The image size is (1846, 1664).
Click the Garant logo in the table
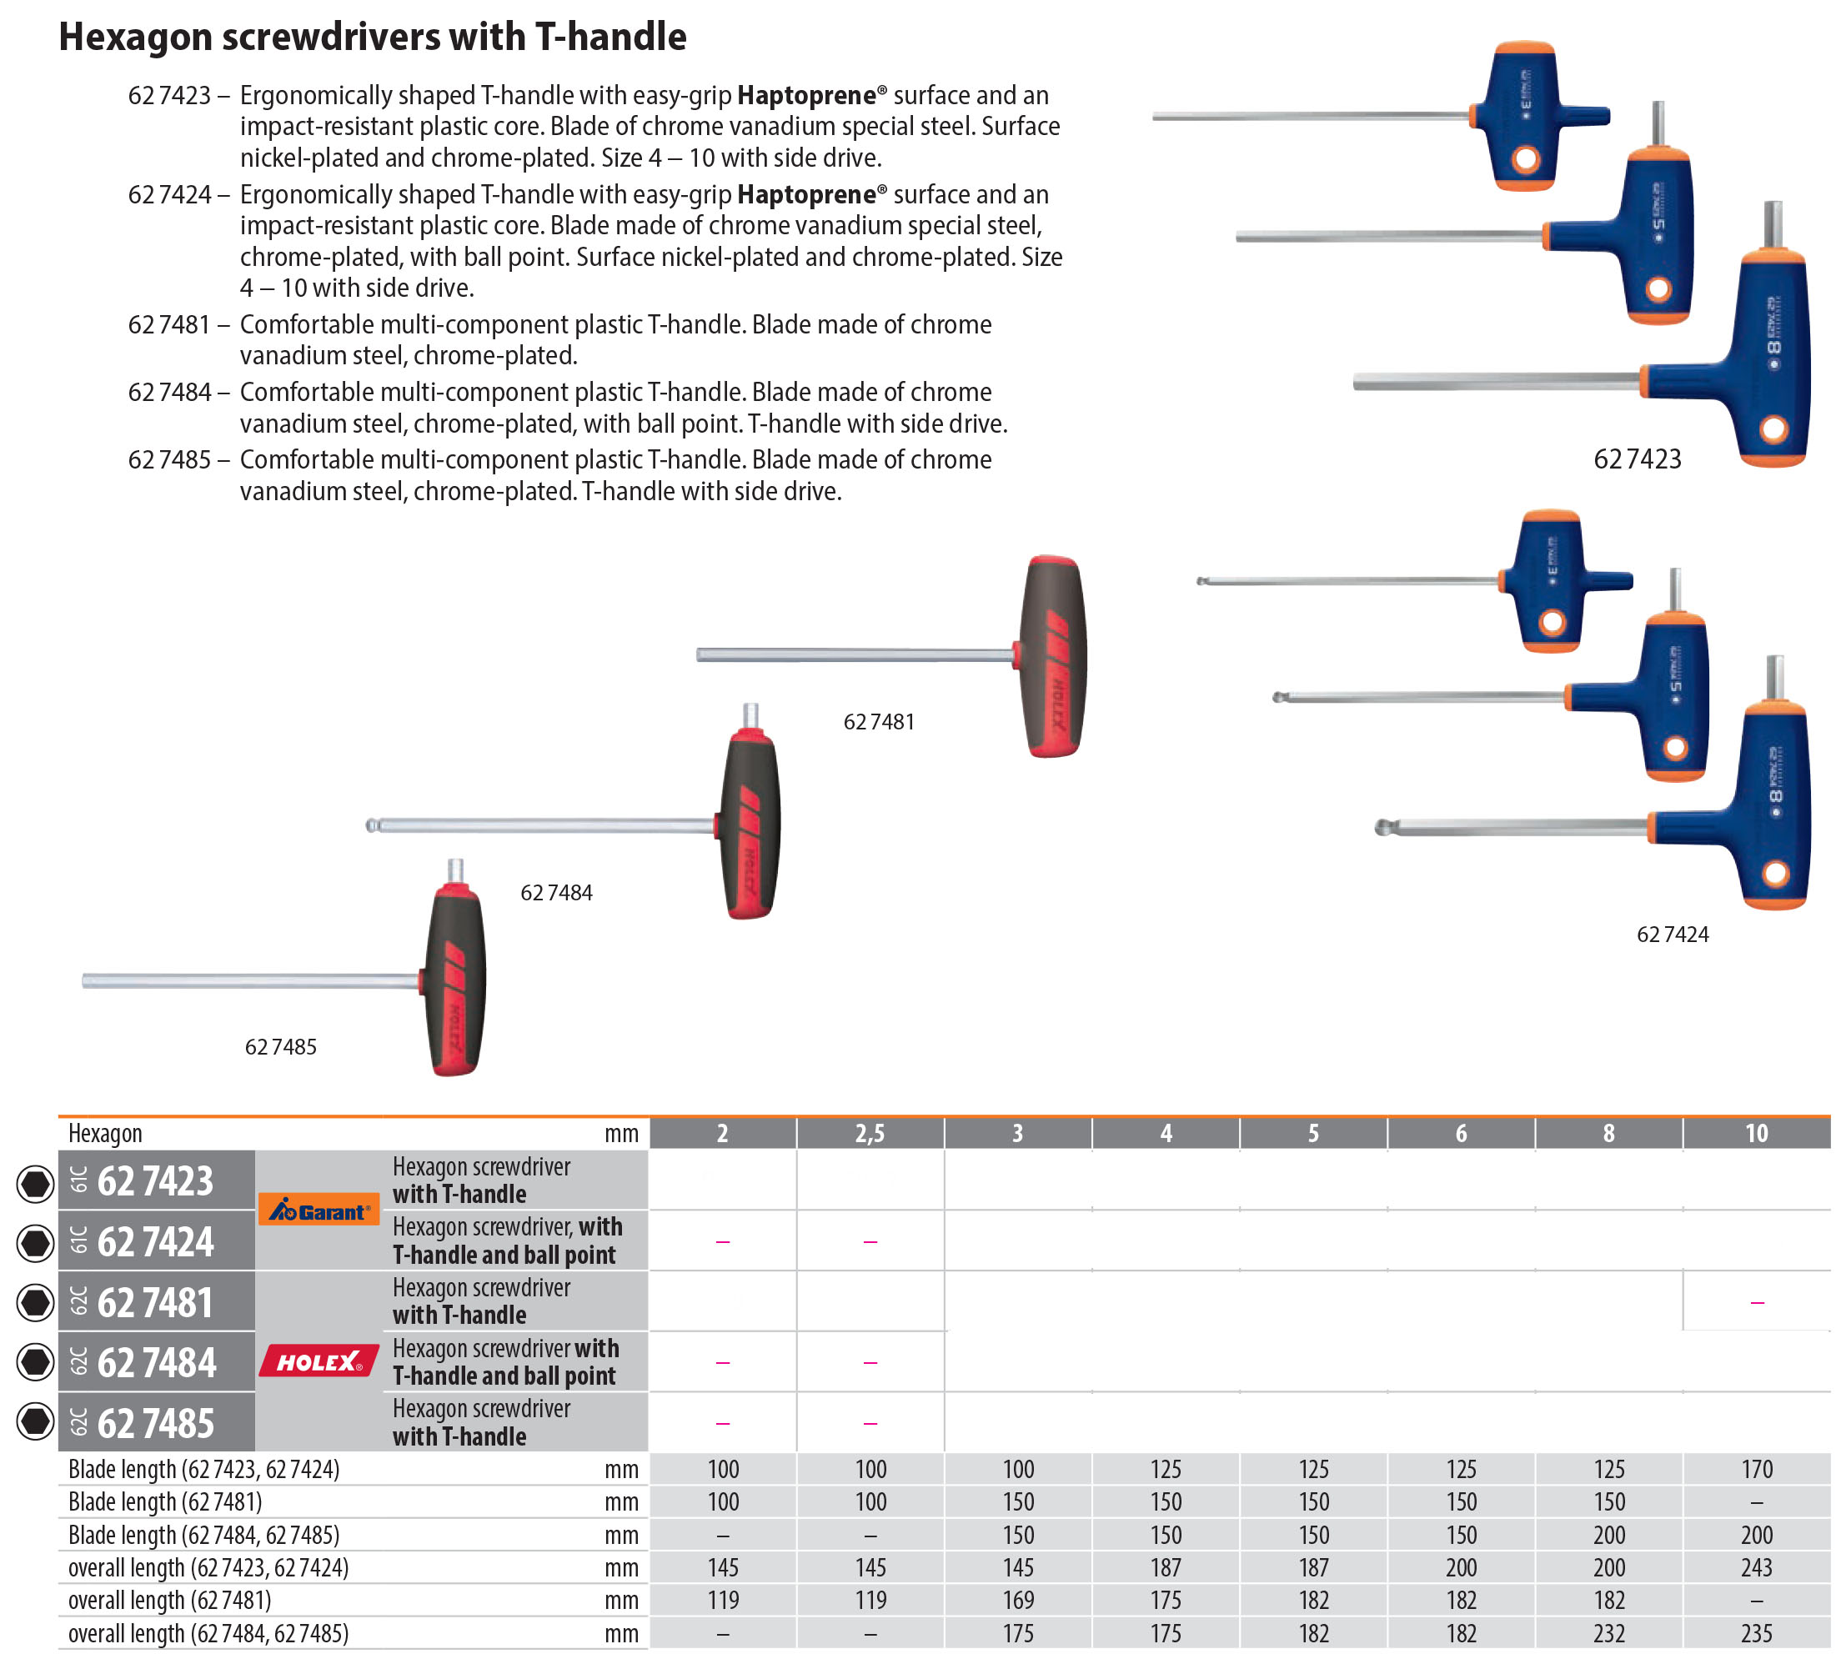click(x=319, y=1210)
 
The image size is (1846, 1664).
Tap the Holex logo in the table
click(x=319, y=1361)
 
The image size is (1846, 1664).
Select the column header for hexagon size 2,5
click(x=870, y=1133)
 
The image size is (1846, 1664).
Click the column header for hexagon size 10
click(x=1755, y=1133)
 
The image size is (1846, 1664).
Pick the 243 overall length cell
click(x=1755, y=1567)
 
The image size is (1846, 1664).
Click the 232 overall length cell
click(x=1608, y=1633)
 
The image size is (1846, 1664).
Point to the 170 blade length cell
click(x=1755, y=1468)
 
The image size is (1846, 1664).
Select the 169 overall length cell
click(x=1017, y=1600)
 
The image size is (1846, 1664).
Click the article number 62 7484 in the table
click(x=157, y=1362)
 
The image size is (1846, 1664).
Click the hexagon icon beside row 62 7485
click(x=36, y=1421)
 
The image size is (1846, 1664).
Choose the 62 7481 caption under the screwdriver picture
click(x=878, y=721)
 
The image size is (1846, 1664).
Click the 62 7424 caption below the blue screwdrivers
click(x=1672, y=935)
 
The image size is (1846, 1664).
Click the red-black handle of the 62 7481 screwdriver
click(x=1054, y=655)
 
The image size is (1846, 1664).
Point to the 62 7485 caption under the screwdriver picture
click(x=281, y=1047)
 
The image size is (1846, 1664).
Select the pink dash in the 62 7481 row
click(x=1755, y=1302)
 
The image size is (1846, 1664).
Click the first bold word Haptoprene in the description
click(x=805, y=95)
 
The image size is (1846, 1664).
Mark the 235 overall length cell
click(x=1755, y=1633)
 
